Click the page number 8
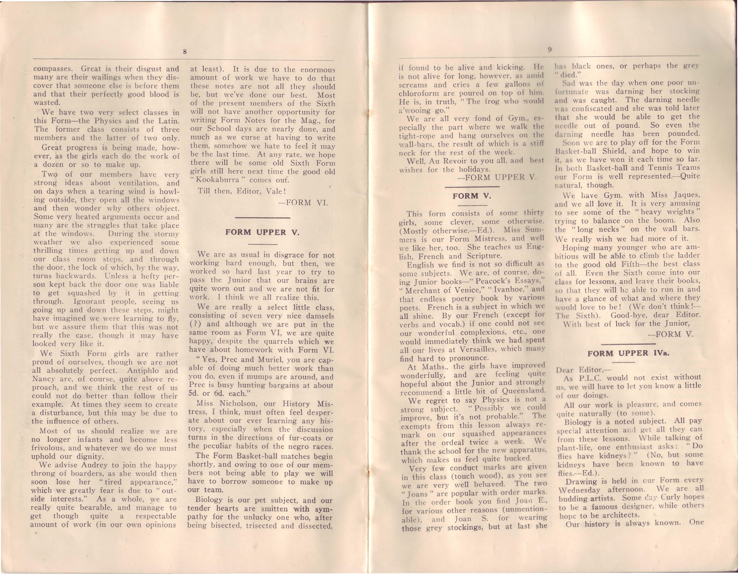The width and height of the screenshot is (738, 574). (185, 52)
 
